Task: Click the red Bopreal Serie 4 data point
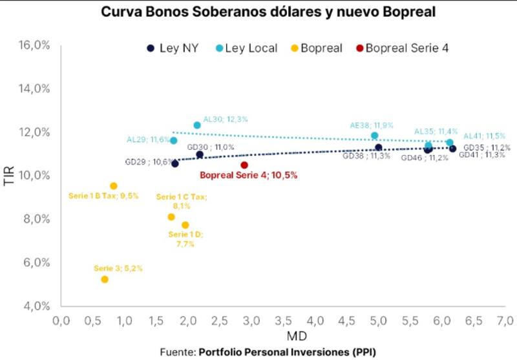[244, 165]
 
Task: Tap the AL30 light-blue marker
[197, 125]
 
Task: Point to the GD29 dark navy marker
[175, 164]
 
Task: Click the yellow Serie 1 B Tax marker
[114, 186]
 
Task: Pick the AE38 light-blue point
[374, 136]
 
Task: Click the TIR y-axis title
[9, 175]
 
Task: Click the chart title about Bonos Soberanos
[258, 12]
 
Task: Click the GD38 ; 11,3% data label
[366, 156]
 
